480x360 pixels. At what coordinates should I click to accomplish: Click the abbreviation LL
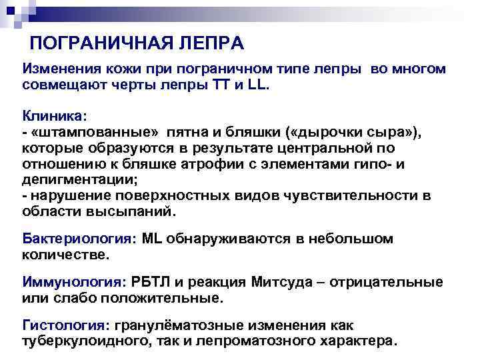[256, 86]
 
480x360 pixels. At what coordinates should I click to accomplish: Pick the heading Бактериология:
[80, 238]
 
